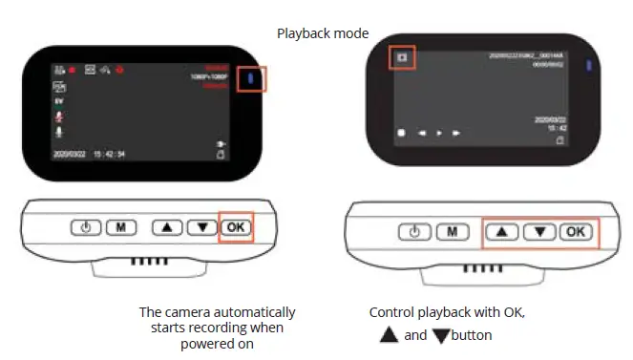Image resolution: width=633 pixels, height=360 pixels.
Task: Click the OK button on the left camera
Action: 235,228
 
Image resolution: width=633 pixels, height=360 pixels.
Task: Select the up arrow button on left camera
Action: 168,228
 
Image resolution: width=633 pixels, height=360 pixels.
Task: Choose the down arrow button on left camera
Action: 200,228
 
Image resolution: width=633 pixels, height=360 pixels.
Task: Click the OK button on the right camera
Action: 575,232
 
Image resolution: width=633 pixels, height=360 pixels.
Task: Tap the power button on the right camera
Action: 414,232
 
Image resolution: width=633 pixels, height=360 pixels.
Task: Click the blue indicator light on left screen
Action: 251,78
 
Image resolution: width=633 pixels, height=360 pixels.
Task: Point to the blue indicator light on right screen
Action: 589,66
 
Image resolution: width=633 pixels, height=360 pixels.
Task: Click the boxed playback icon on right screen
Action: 402,57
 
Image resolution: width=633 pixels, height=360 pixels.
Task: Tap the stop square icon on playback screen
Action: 403,134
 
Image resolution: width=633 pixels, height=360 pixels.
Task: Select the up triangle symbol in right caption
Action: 388,335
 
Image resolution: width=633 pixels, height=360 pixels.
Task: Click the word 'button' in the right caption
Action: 472,336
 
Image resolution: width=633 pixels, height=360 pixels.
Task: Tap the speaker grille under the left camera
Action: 143,260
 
